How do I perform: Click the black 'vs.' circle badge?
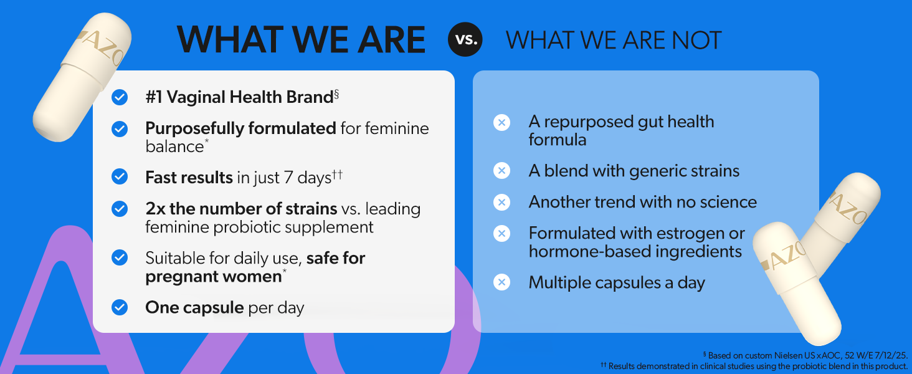point(465,39)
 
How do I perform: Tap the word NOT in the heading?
point(696,40)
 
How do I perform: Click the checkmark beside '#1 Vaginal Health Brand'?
point(120,97)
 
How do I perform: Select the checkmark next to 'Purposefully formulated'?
point(120,129)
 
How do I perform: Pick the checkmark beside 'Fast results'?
point(120,177)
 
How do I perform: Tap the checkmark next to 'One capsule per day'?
point(120,307)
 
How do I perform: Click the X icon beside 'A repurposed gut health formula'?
point(501,122)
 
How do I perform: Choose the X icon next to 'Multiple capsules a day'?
point(501,282)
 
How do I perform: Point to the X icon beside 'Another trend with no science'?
point(501,202)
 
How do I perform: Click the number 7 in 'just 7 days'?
point(288,178)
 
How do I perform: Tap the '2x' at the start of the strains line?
point(156,209)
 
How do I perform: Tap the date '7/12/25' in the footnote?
point(890,355)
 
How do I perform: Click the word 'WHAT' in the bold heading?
point(230,39)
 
